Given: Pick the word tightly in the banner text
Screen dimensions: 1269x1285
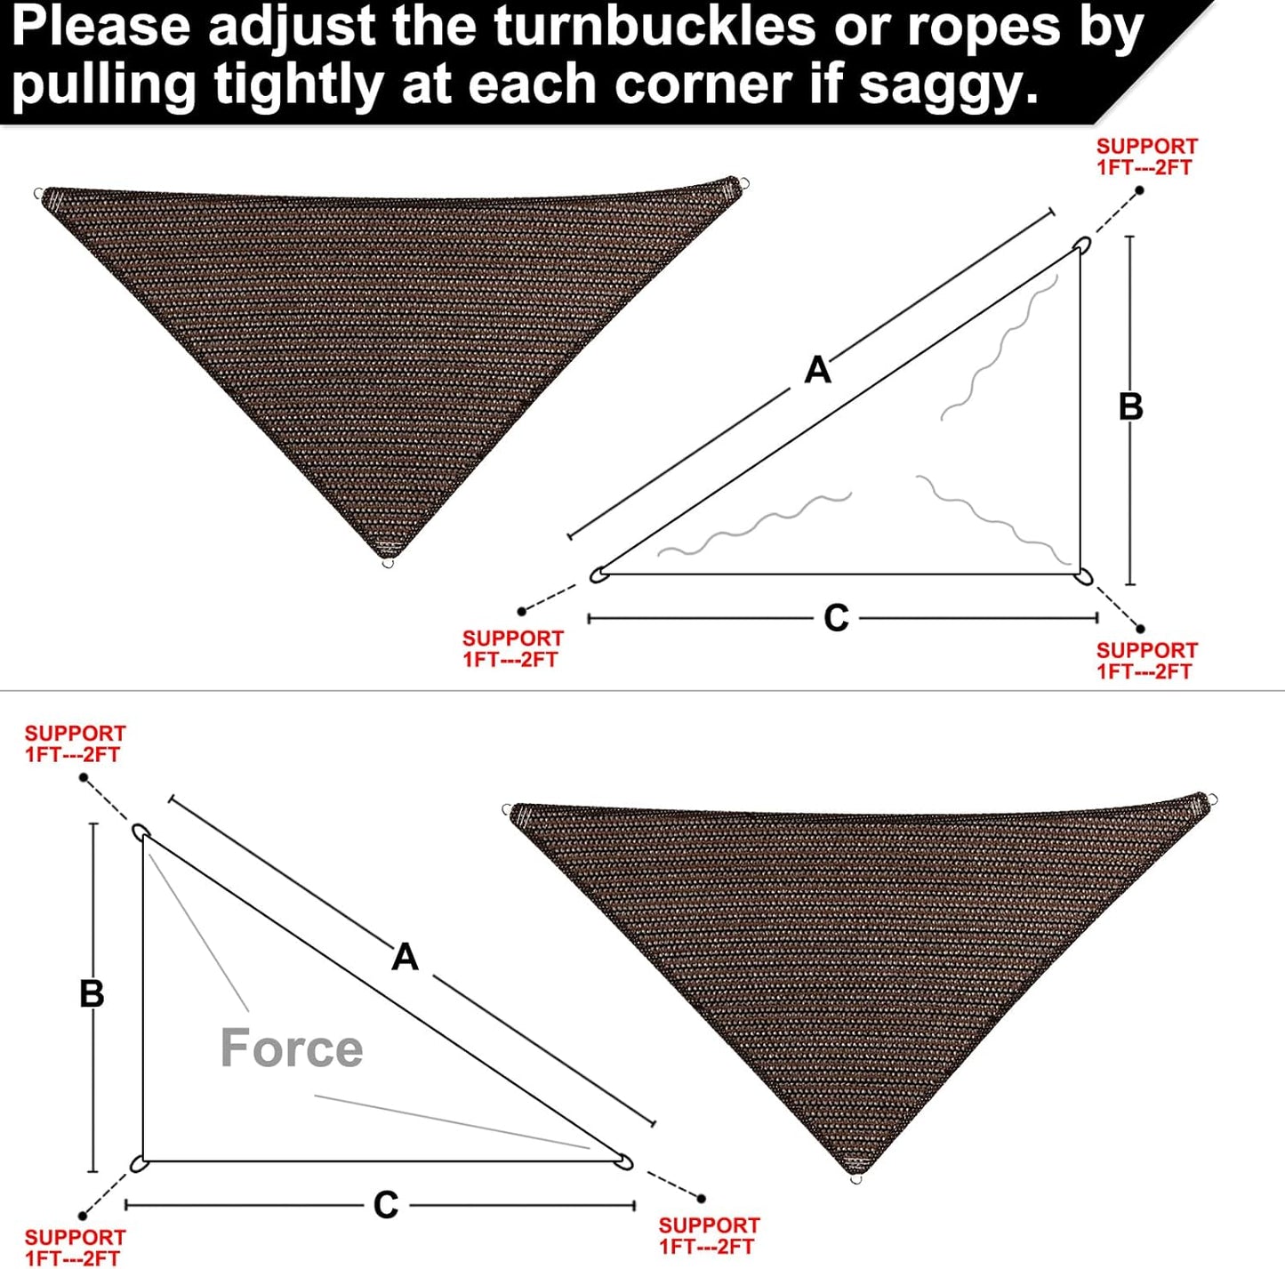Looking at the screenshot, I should pyautogui.click(x=300, y=85).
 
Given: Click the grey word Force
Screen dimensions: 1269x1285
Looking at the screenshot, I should pyautogui.click(x=292, y=1048).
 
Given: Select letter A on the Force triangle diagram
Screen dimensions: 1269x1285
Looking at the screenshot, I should pyautogui.click(x=405, y=957).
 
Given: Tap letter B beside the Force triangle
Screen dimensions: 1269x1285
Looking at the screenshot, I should pyautogui.click(x=92, y=993).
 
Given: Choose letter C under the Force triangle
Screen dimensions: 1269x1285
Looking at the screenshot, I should pyautogui.click(x=385, y=1205).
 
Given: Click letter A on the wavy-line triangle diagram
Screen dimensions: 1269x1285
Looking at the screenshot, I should pyautogui.click(x=817, y=369).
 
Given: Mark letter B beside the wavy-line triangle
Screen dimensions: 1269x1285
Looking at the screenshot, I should pyautogui.click(x=1130, y=406).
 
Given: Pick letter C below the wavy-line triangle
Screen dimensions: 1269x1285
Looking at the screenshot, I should pyautogui.click(x=836, y=617).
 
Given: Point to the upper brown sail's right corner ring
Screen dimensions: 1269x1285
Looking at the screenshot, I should pyautogui.click(x=743, y=185).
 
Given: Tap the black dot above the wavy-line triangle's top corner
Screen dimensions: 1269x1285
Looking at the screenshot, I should pyautogui.click(x=1140, y=190).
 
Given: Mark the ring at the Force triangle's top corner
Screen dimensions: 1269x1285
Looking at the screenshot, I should pyautogui.click(x=140, y=831).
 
